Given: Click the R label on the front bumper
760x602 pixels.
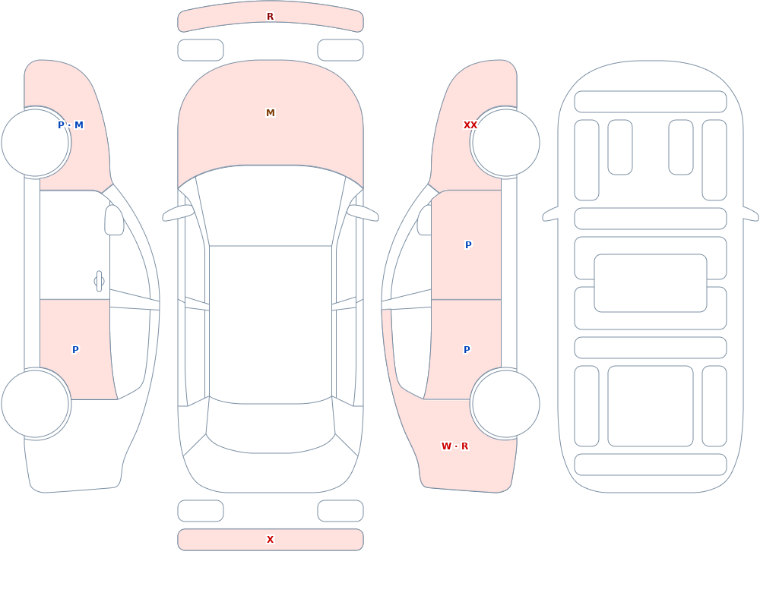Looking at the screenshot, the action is coord(270,17).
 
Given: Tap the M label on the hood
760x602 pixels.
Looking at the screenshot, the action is coord(271,113).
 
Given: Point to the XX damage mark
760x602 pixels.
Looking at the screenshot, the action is coord(470,125).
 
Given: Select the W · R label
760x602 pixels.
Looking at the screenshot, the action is coord(454,446).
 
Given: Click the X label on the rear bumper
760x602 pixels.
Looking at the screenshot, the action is coord(270,540).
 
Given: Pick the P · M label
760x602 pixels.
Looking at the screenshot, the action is coord(71,125).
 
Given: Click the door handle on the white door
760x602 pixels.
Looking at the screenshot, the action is coord(99,282).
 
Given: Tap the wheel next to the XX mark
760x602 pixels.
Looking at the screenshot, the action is coord(505,143).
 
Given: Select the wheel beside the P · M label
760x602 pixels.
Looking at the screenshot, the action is coord(36,143).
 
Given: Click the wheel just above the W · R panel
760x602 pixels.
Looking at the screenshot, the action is coord(505,404).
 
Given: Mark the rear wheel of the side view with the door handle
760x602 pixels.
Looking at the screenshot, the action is coord(36,404).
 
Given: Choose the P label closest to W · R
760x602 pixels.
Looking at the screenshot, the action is coord(467,350).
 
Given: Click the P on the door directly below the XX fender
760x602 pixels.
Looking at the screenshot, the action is coord(468,245).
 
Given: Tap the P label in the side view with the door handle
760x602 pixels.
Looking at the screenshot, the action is coord(75,350).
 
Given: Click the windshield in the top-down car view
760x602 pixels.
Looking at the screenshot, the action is coord(271,203).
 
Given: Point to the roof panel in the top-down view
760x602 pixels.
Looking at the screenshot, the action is coord(271,323).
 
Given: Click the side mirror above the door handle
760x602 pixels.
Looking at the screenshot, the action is coord(114,220).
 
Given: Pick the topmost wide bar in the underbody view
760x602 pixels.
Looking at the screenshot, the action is coord(651,102).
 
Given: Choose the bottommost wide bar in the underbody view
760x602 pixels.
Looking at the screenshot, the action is coord(651,465).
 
